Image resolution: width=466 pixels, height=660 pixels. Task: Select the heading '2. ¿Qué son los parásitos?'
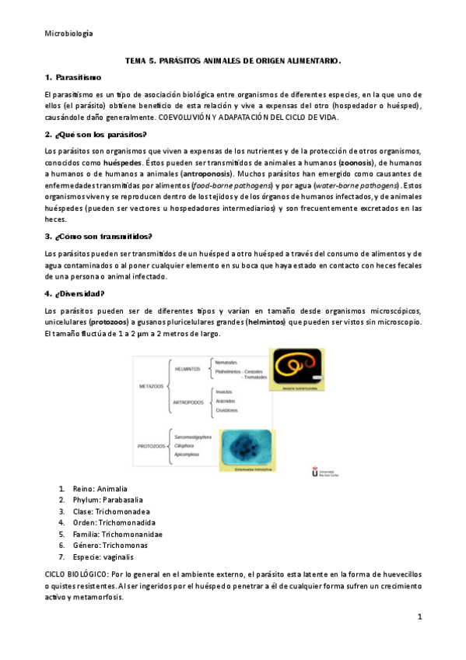click(x=96, y=135)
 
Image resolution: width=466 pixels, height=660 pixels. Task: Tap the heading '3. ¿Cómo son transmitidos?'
click(x=99, y=236)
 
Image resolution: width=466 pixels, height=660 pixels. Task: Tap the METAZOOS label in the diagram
click(x=151, y=385)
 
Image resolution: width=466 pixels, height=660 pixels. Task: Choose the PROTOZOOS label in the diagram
click(x=152, y=446)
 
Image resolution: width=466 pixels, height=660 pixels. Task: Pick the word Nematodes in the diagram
click(x=232, y=362)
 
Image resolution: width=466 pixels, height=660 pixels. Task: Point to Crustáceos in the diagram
click(x=227, y=410)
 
